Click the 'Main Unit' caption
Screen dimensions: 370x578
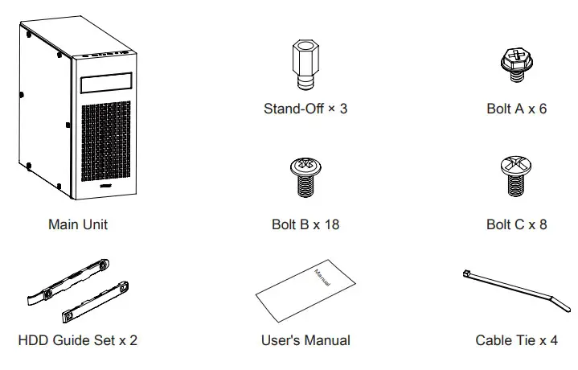[78, 224]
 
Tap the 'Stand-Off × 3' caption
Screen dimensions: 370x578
[305, 108]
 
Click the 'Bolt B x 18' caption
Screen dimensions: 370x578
[305, 224]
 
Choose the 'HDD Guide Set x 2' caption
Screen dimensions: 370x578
[78, 340]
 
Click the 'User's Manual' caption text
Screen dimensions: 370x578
[305, 340]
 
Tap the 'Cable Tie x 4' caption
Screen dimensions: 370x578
[516, 340]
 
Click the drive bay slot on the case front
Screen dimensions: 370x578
[106, 84]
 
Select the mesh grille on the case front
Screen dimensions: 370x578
[106, 141]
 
